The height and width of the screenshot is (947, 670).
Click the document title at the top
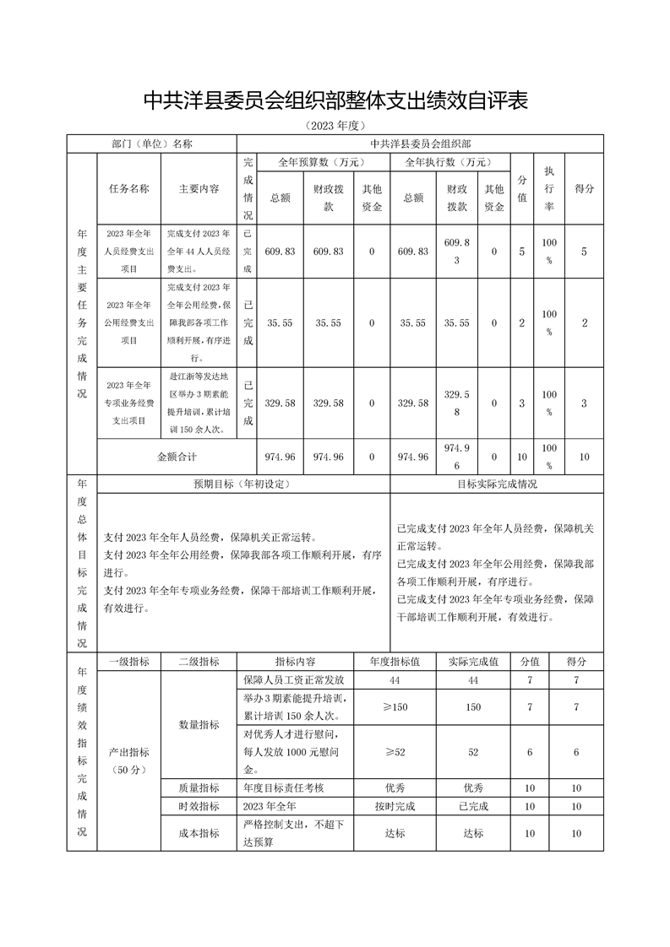[335, 101]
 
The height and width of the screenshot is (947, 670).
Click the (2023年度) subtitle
[335, 126]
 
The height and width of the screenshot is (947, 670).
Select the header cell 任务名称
[128, 189]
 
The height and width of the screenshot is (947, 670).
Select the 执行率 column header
[549, 188]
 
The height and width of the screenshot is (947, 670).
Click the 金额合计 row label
[177, 457]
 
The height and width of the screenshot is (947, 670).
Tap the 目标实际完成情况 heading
[497, 484]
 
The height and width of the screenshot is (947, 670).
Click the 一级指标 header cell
[129, 662]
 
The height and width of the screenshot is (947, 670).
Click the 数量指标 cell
[199, 724]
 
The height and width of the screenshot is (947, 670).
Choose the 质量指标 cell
[199, 787]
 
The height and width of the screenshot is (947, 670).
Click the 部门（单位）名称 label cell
[152, 144]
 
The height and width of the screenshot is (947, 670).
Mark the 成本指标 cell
[199, 833]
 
